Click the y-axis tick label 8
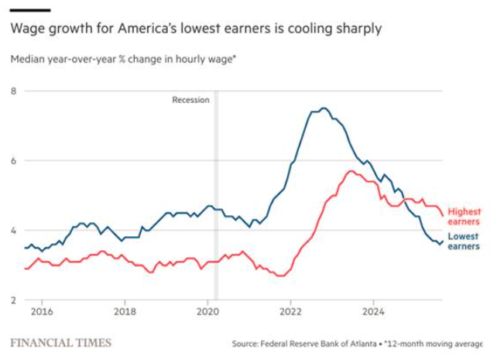tap(13, 91)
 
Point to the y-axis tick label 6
tap(13, 161)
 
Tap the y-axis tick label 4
tap(13, 231)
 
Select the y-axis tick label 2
tap(13, 300)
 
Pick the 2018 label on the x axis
tap(125, 312)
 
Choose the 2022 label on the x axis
tap(290, 312)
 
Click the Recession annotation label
tap(190, 100)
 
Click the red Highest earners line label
tap(464, 216)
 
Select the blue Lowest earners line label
tap(464, 241)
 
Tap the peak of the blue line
tap(324, 108)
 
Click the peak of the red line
tap(351, 171)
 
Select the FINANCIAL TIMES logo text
tap(60, 342)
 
